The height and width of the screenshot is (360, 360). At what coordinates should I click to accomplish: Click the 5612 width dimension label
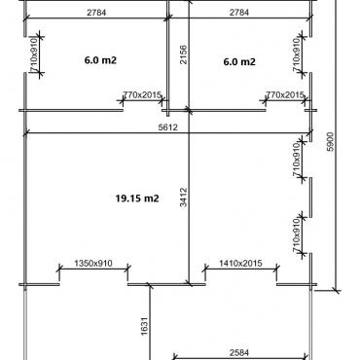168,127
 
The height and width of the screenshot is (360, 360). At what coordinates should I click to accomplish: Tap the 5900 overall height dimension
330,142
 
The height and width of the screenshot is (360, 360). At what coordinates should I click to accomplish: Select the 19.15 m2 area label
137,198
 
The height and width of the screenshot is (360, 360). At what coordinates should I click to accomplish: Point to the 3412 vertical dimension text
184,198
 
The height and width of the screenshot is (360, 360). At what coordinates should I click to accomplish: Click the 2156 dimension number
183,54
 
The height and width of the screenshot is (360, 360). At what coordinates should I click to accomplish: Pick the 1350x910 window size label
93,263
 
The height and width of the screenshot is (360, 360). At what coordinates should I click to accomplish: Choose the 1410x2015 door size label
240,263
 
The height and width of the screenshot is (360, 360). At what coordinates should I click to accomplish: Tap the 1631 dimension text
145,326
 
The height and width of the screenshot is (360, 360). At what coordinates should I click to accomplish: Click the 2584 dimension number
239,352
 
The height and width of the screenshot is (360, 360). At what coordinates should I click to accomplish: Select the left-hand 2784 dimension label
96,13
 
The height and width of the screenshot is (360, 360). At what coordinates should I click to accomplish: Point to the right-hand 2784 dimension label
239,13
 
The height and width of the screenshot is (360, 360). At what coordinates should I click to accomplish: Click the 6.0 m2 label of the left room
100,60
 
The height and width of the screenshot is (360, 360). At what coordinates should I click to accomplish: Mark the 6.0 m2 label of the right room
239,61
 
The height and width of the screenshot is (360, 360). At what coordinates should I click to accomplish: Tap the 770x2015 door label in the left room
142,95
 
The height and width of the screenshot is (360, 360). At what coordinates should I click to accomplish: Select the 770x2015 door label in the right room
285,95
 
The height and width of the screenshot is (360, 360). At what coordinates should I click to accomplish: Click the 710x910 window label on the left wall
34,54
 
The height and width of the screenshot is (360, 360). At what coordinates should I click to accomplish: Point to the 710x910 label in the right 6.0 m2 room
297,54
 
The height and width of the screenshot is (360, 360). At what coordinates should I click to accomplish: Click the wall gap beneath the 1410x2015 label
241,284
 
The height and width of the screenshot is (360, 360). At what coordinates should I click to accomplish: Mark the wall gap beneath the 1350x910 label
93,284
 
